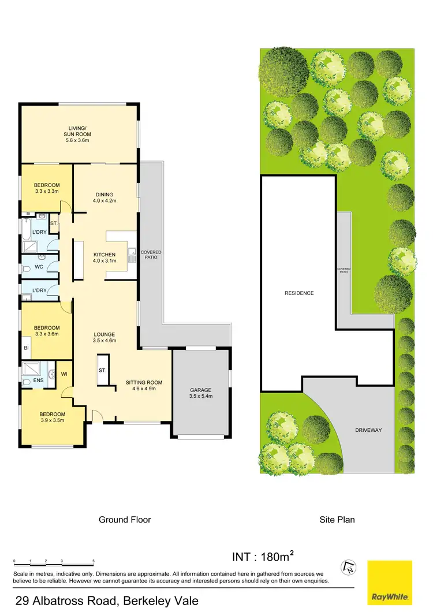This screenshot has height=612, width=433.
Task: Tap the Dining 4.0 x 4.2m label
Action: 104,197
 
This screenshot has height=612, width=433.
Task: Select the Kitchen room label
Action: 104,258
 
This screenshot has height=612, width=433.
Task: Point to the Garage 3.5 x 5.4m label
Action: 201,393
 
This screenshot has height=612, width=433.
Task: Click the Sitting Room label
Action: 144,386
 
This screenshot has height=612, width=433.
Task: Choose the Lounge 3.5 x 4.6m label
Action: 104,337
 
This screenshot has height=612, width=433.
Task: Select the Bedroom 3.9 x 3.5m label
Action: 52,417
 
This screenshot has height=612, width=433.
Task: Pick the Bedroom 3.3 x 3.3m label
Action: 47,188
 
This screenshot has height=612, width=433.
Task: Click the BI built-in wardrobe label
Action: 26,348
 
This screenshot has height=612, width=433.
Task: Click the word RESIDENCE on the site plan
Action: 298,293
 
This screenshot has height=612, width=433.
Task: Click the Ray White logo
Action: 390,582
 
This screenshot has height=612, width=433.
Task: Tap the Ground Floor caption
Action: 125,520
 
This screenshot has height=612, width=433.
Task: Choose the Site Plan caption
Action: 337,520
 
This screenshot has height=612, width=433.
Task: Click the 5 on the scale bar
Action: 94,561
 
